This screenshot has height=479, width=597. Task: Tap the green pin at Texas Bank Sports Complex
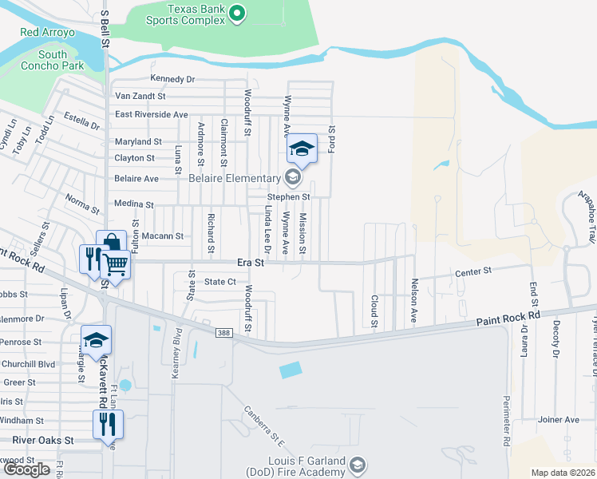click(x=236, y=13)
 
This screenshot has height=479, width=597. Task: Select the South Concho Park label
click(x=53, y=61)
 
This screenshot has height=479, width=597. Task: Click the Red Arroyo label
click(x=47, y=33)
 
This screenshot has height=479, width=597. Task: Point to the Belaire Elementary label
click(x=233, y=178)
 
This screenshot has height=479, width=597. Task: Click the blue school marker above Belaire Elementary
click(x=302, y=149)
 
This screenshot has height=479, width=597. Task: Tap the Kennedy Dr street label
click(x=172, y=79)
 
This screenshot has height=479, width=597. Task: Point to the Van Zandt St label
click(x=144, y=96)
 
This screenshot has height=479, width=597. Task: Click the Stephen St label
click(x=288, y=196)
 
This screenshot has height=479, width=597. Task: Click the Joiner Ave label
click(x=558, y=419)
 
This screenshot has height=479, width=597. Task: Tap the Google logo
click(x=27, y=469)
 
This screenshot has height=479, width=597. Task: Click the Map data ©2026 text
click(x=563, y=473)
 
